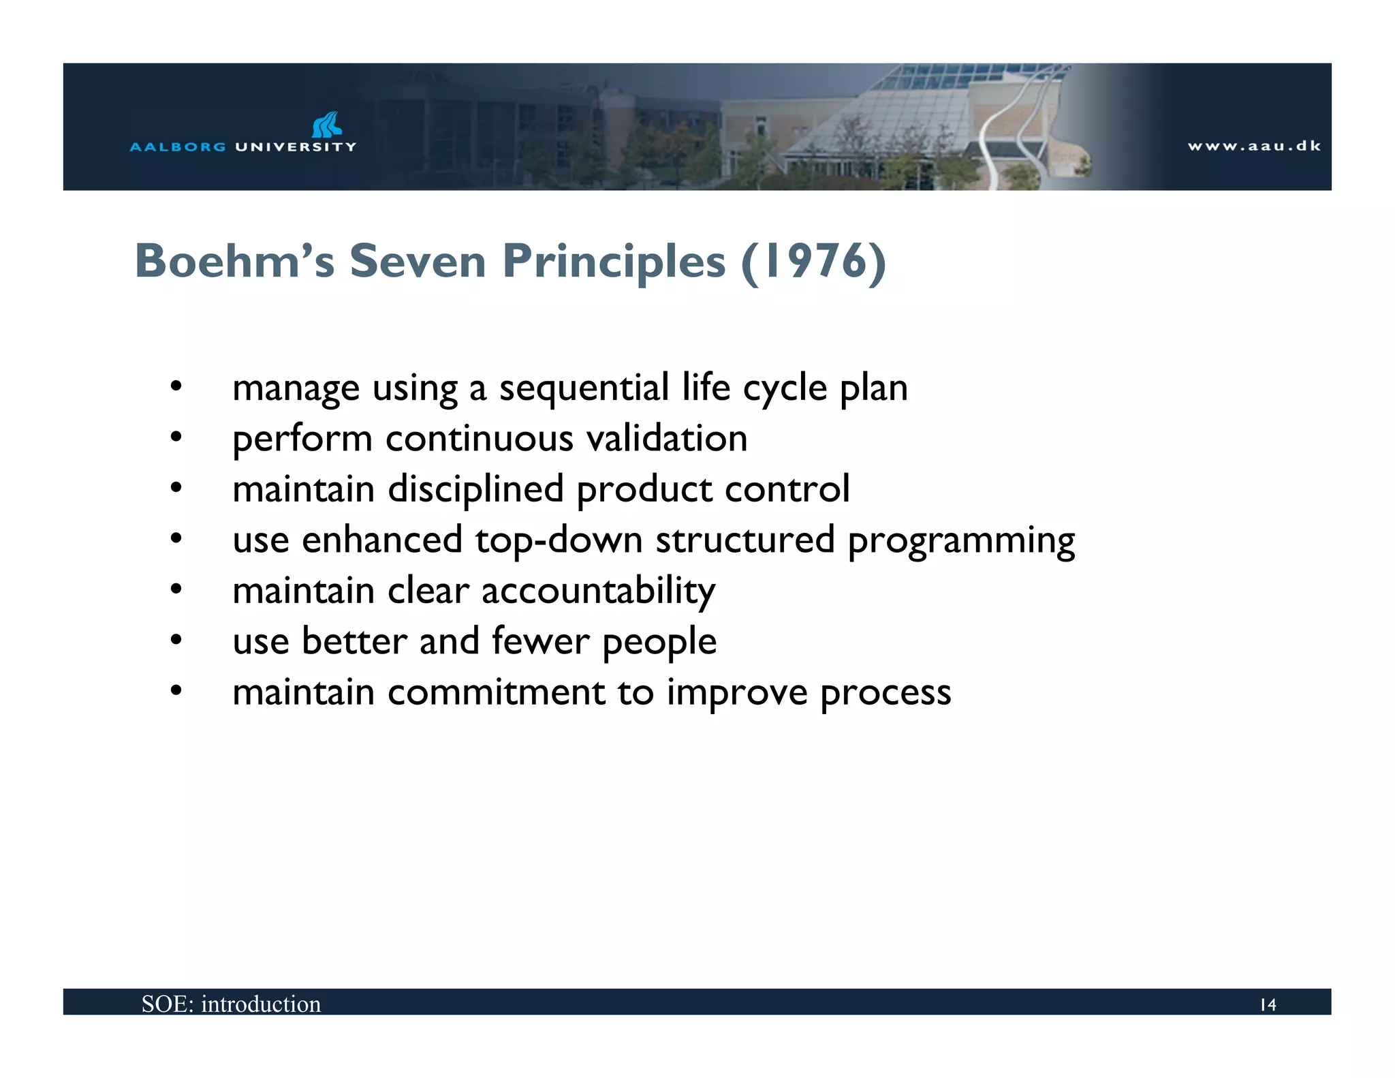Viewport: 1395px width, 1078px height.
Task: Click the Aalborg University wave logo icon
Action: pyautogui.click(x=327, y=125)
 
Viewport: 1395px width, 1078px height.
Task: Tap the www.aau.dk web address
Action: pyautogui.click(x=1254, y=146)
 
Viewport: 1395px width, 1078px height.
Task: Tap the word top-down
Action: pyautogui.click(x=559, y=540)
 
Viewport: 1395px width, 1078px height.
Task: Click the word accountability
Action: pyautogui.click(x=599, y=591)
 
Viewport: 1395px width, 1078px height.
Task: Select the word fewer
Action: pyautogui.click(x=541, y=641)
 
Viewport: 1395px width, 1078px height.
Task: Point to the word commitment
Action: pyautogui.click(x=497, y=692)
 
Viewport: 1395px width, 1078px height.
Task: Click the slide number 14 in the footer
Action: pyautogui.click(x=1268, y=1004)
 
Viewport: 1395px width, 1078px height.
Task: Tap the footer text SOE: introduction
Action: pyautogui.click(x=231, y=1004)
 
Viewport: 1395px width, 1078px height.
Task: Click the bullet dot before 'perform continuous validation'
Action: pyautogui.click(x=176, y=437)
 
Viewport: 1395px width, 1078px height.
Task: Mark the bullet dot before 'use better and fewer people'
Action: pyautogui.click(x=176, y=640)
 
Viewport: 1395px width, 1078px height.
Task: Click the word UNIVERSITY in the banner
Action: pyautogui.click(x=296, y=147)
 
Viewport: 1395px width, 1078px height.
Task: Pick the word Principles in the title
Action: pyautogui.click(x=614, y=261)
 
